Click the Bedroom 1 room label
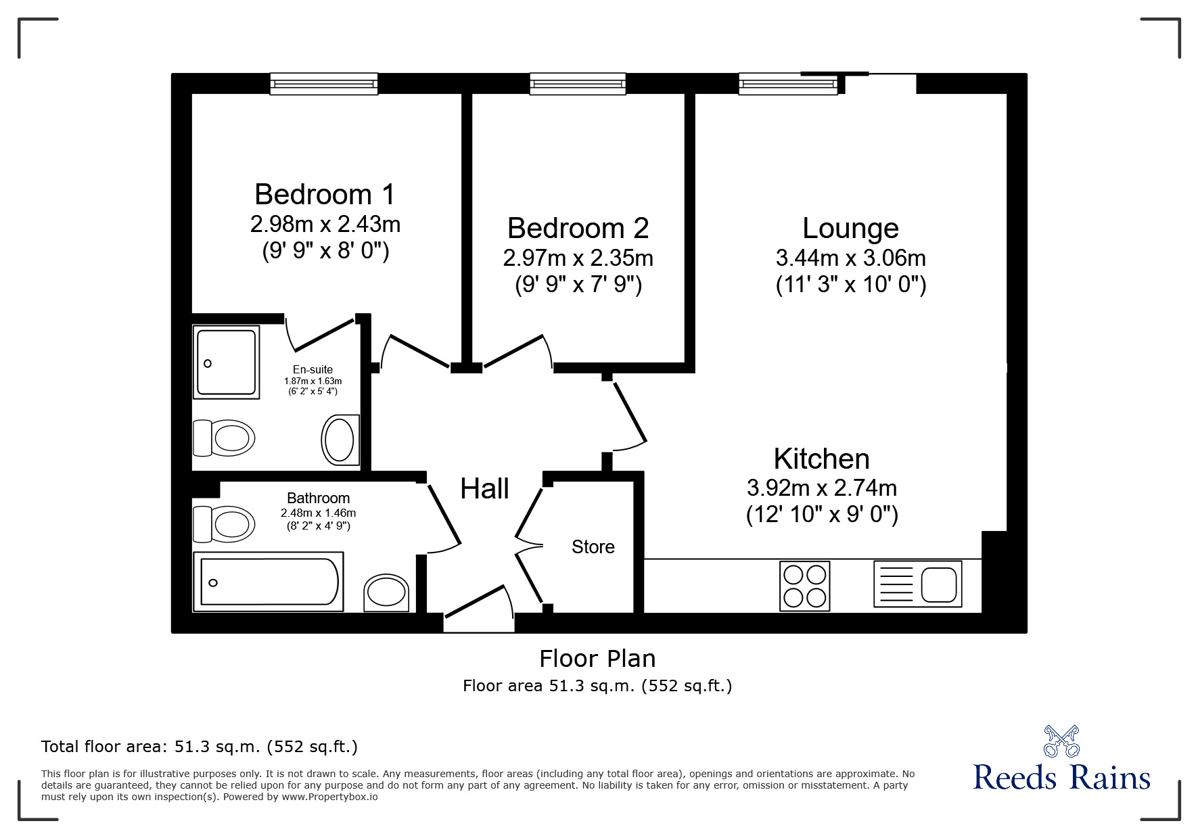[325, 195]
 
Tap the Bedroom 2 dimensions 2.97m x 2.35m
[578, 258]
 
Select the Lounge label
[850, 229]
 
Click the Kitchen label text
[821, 459]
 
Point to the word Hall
[484, 489]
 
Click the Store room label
[593, 547]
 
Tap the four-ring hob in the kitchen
[804, 586]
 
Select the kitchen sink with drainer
[917, 584]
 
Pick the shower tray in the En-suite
[226, 363]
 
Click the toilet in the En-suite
[224, 438]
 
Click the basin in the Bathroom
[386, 592]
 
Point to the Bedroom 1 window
[323, 84]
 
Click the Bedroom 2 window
[578, 84]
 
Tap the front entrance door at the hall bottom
[478, 609]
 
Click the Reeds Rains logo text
[1061, 777]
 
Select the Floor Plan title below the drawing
[597, 658]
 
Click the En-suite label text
[313, 369]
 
